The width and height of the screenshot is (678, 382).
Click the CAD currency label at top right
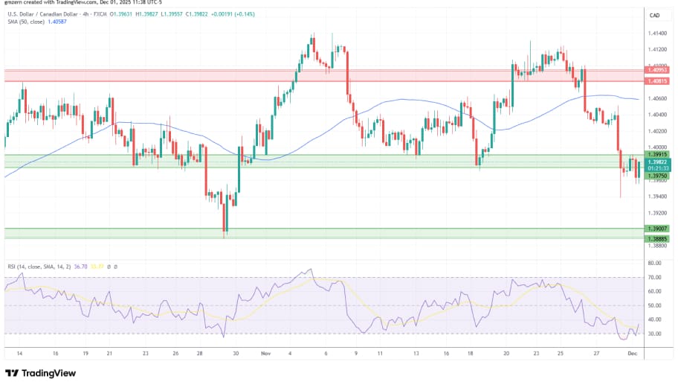(655, 16)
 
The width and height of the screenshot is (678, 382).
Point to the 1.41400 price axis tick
(656, 34)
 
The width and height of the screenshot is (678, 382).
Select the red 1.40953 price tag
(659, 71)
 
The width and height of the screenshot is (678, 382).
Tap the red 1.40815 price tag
(659, 81)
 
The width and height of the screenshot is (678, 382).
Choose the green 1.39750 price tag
(659, 176)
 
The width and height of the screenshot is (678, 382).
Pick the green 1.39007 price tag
(659, 229)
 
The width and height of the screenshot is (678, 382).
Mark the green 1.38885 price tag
(659, 238)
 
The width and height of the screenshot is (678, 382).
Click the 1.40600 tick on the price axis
(656, 98)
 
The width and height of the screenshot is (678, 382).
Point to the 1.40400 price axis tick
(656, 115)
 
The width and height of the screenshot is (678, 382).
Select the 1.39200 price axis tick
(656, 213)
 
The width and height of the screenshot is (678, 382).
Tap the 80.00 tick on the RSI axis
(654, 263)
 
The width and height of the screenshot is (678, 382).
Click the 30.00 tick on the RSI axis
(654, 334)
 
